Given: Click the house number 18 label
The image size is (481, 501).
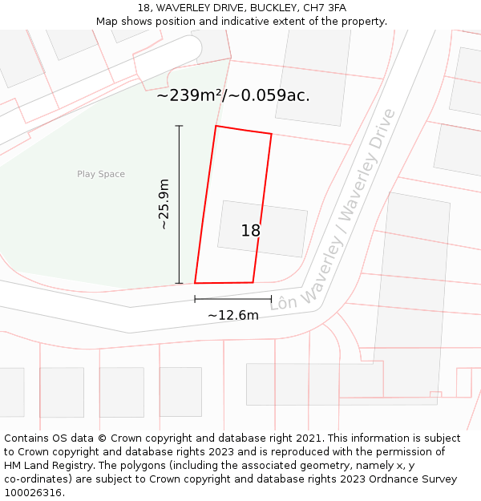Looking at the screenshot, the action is [x=251, y=231].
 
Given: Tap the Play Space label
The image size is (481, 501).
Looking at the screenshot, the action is [x=101, y=174].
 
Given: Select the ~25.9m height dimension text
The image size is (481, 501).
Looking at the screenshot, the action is [x=164, y=204].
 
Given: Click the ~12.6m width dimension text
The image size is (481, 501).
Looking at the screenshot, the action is [x=233, y=315].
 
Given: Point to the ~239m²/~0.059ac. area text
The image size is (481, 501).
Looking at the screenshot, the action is [x=233, y=95].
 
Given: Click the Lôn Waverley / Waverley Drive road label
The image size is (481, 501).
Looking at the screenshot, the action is [x=334, y=209].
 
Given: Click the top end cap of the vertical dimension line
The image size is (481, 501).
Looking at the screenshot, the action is [x=179, y=126].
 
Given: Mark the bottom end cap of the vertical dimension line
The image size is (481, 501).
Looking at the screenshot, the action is [x=179, y=283].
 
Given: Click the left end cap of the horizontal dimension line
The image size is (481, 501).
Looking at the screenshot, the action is [x=195, y=299].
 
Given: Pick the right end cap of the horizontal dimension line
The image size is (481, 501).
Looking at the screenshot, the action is [x=272, y=299].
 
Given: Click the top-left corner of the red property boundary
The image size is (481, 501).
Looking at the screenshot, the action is [x=216, y=126].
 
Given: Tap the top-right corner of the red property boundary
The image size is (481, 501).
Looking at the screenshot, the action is [x=271, y=134].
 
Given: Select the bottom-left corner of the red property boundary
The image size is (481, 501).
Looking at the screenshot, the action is [x=195, y=283].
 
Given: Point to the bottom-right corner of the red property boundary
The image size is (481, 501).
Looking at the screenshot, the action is [x=253, y=282].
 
